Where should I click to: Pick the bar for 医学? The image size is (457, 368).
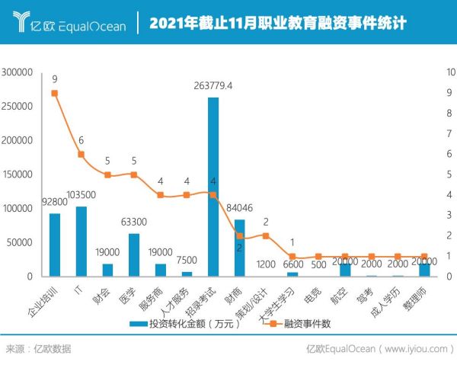[134, 254]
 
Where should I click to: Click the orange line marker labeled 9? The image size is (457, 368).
[55, 93]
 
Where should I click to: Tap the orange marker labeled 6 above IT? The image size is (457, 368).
[81, 155]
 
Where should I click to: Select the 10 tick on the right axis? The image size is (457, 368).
[449, 72]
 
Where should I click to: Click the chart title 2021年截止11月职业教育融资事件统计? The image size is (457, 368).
[277, 24]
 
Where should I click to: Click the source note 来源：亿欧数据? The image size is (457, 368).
[38, 349]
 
